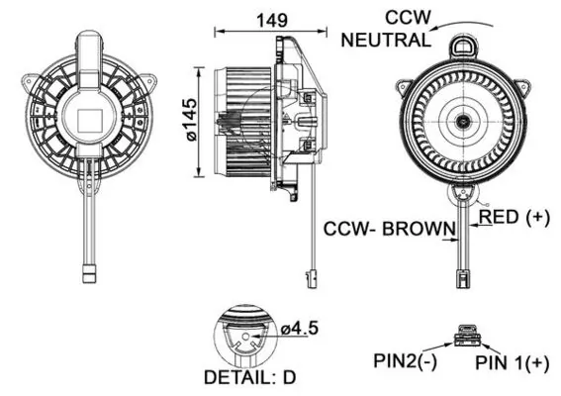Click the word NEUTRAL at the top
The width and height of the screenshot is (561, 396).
[x=384, y=40]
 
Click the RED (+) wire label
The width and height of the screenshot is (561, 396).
[x=514, y=217]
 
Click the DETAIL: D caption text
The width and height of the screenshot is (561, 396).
[x=246, y=377]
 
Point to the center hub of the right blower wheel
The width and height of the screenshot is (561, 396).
[x=463, y=121]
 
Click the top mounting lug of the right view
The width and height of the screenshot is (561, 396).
[x=462, y=45]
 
